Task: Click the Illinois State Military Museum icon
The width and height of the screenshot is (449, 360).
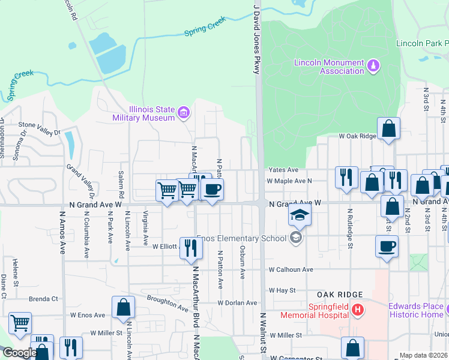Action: [x=184, y=112]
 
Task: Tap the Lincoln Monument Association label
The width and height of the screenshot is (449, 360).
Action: [x=329, y=67]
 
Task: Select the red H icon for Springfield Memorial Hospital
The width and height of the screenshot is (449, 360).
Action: [x=358, y=310]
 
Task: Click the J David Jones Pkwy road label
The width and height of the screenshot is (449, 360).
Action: [x=256, y=39]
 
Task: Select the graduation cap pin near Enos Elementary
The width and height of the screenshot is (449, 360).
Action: [x=299, y=215]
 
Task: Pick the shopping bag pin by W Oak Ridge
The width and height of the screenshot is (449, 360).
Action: [x=388, y=128]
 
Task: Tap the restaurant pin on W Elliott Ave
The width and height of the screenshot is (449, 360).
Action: [x=191, y=247]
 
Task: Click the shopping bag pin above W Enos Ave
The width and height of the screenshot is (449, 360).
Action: [x=123, y=308]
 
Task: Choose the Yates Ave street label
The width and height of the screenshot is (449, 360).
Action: [x=283, y=170]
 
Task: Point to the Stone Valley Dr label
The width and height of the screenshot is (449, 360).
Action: [x=40, y=128]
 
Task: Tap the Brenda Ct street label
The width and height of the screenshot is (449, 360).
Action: [x=43, y=298]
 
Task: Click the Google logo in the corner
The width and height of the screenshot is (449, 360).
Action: [x=20, y=353]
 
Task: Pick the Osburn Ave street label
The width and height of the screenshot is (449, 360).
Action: [x=243, y=262]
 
